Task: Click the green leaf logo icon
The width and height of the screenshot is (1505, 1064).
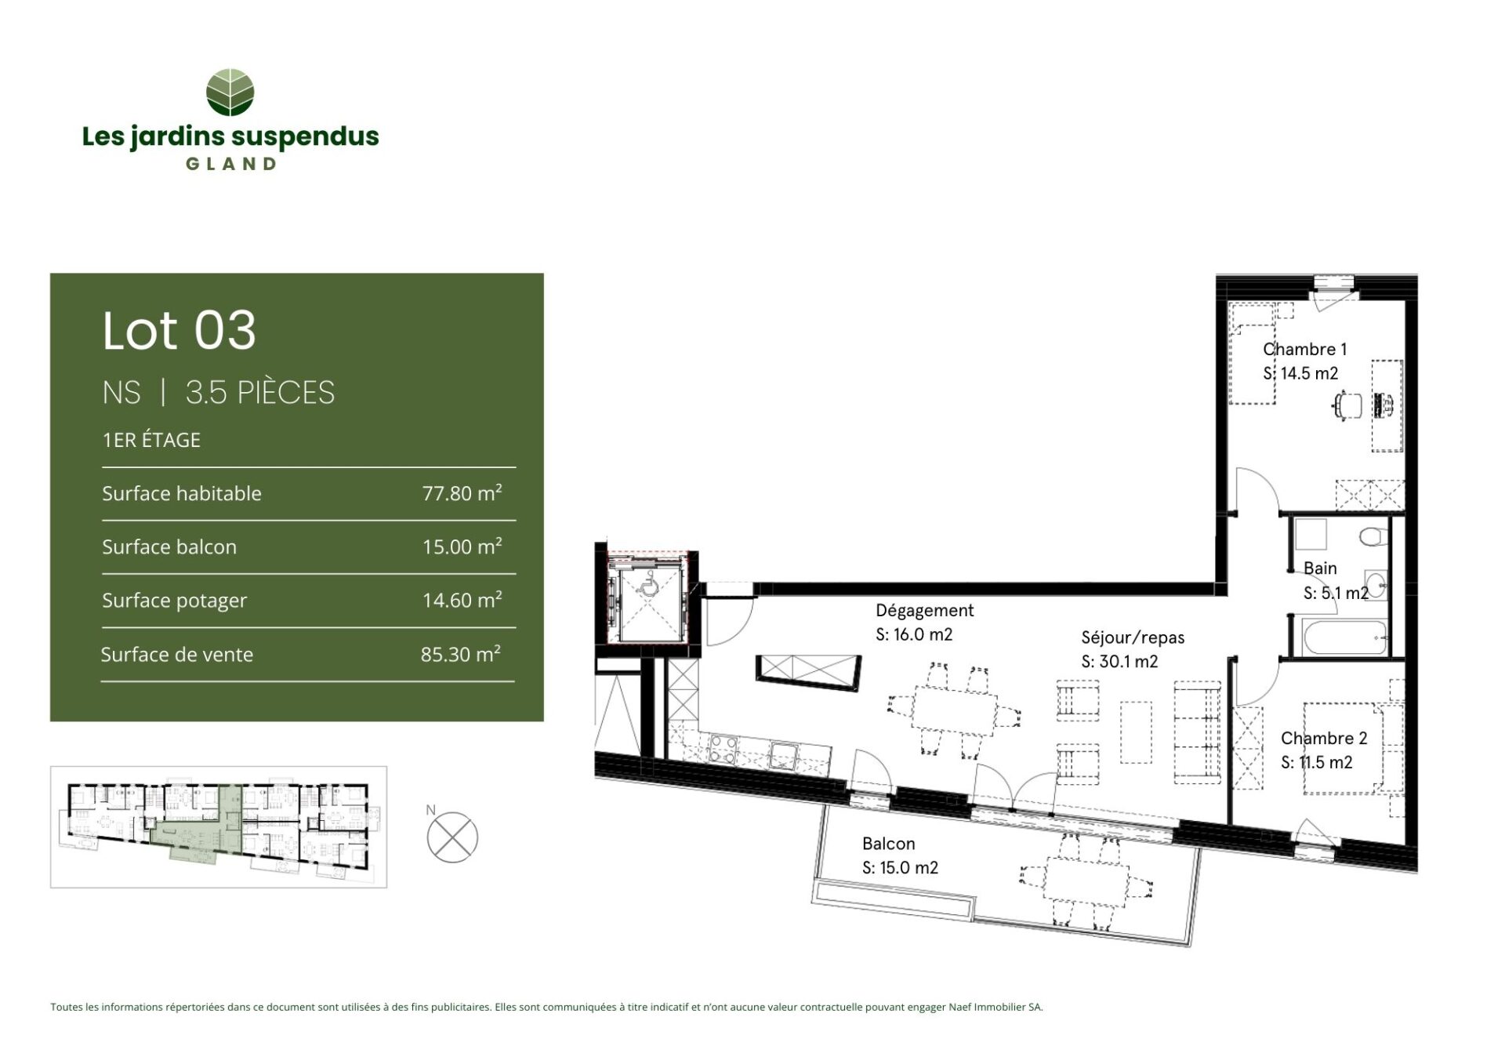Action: coord(230,93)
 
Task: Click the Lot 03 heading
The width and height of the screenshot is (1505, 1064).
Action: coord(180,330)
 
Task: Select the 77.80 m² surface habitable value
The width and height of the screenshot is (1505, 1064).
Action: coord(462,493)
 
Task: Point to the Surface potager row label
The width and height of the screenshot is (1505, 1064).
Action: coord(174,601)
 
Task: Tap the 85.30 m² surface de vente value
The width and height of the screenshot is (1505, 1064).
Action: coord(460,654)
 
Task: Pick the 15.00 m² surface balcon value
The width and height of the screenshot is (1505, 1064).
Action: coord(462,547)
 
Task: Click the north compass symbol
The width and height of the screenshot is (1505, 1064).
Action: coord(452,837)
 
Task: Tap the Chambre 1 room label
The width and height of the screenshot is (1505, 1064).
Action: coord(1304,350)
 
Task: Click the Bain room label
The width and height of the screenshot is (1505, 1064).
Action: coord(1320,568)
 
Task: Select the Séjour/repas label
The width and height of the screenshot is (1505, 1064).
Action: coord(1133,638)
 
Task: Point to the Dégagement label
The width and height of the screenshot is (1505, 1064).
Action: coord(924,611)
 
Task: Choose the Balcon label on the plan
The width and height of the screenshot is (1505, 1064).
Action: coord(888,844)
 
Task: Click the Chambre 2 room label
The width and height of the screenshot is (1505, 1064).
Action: coord(1324,739)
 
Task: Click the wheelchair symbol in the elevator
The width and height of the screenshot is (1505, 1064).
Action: coord(648,583)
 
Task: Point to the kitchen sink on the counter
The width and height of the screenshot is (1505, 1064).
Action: coord(783,756)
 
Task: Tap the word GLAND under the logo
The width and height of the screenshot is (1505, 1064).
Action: coord(230,165)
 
